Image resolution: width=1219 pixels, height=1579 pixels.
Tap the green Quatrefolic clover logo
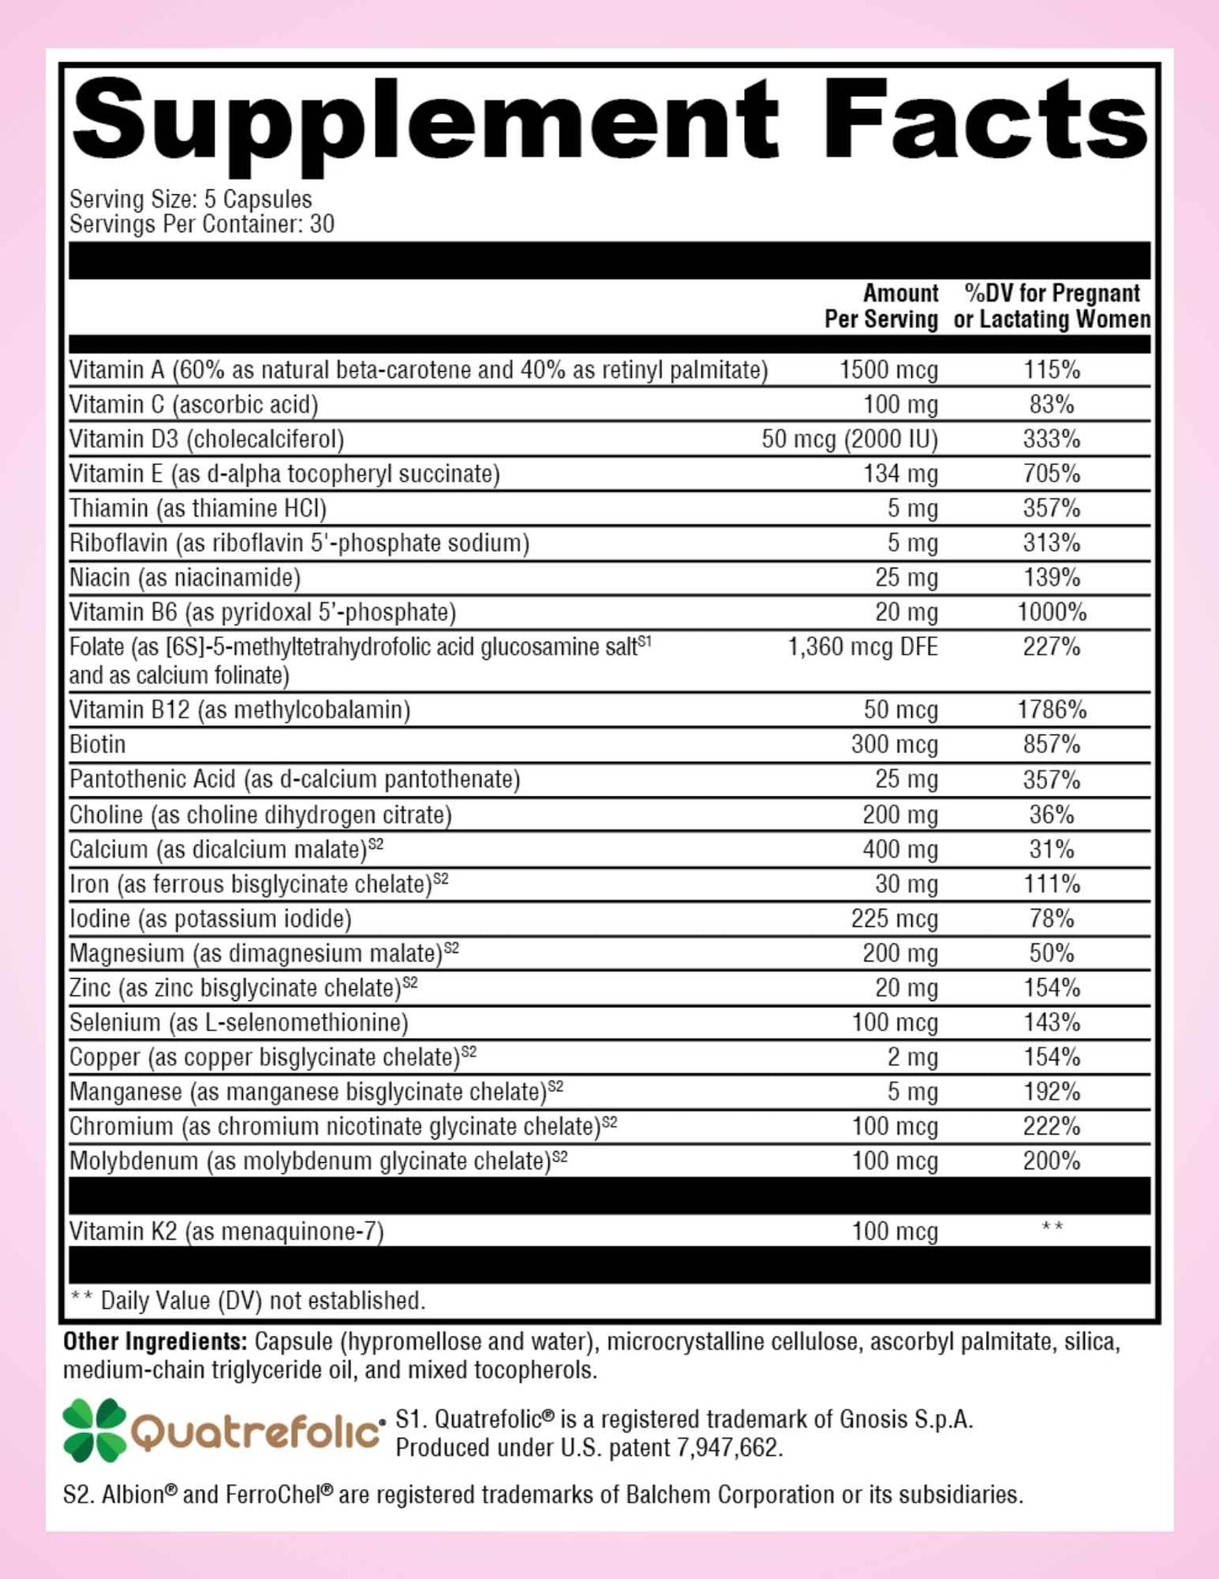(94, 1430)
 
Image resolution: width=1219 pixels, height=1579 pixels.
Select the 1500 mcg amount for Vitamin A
(888, 370)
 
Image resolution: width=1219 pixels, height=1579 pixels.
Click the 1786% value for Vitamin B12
(1051, 710)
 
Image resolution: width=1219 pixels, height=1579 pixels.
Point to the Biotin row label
(98, 744)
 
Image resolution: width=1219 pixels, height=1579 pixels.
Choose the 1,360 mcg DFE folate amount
(862, 647)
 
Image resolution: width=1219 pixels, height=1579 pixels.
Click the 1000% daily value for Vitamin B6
(1051, 612)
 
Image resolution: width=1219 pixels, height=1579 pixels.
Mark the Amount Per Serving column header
(882, 306)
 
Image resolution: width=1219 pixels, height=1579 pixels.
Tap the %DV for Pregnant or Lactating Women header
(1051, 306)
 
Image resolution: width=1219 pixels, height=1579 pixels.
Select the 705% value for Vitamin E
(1051, 473)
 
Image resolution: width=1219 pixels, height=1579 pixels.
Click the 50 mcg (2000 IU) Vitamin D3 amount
(850, 439)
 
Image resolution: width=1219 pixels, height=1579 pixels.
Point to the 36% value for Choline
(1051, 814)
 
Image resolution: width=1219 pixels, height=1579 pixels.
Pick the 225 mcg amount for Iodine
(894, 918)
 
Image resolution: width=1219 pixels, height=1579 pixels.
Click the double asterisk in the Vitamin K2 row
(1051, 1227)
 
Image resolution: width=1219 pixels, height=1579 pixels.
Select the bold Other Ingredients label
(154, 1341)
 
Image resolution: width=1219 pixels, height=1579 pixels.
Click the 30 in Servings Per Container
(321, 224)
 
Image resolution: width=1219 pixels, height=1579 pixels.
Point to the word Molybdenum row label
(133, 1161)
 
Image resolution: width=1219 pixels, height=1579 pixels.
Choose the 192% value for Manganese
(1051, 1092)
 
